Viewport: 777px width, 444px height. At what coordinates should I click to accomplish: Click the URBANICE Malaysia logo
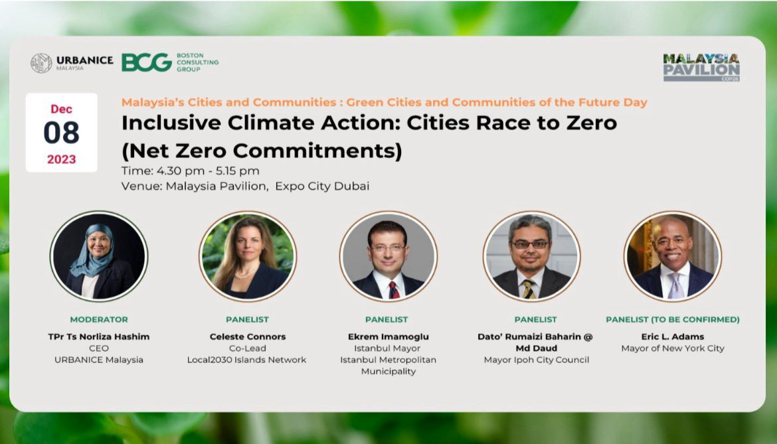tap(72, 63)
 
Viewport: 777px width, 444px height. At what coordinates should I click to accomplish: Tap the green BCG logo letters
tap(147, 63)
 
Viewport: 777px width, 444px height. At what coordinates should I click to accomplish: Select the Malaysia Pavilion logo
tap(701, 67)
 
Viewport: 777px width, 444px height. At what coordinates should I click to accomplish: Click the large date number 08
tap(62, 133)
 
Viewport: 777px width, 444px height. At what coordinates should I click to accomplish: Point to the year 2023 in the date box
tap(62, 159)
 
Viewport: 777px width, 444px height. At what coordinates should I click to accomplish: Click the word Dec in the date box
tap(62, 109)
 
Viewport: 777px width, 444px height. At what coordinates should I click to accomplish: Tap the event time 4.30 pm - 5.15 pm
tap(191, 171)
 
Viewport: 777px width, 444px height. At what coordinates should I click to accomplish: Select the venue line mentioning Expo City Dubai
tap(245, 186)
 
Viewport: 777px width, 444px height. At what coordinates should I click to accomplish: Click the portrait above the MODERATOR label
tap(99, 256)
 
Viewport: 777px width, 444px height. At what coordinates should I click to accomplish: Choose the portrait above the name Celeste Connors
tap(248, 256)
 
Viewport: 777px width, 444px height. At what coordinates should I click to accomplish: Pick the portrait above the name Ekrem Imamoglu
tap(388, 256)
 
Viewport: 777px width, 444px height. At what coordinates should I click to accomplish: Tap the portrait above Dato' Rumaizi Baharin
tap(532, 256)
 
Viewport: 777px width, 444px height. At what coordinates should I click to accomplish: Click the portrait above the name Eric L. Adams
tap(673, 256)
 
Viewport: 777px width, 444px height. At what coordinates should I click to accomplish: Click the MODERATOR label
tap(99, 320)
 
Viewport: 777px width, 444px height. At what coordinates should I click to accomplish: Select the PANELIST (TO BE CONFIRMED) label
tap(673, 320)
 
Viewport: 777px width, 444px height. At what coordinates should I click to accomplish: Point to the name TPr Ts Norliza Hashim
tap(99, 336)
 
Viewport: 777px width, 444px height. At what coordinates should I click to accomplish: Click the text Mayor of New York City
tap(673, 348)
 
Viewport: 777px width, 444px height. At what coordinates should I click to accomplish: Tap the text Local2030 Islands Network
tap(247, 360)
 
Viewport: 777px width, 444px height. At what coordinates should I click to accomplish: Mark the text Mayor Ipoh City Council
tap(536, 360)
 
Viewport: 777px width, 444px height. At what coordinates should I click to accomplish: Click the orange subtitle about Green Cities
tap(385, 102)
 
